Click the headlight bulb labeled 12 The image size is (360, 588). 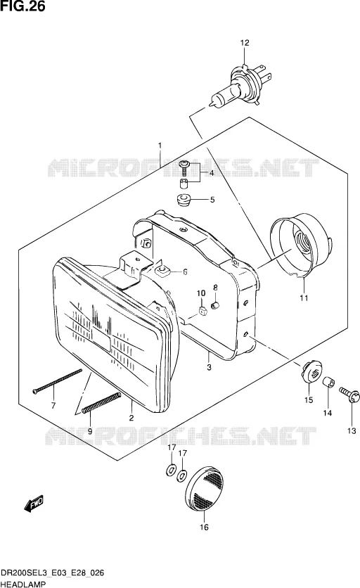point(240,87)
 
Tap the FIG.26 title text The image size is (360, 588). point(23,6)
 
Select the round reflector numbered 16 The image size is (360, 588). point(205,488)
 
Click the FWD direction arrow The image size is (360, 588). point(34,503)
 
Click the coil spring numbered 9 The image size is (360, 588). point(101,402)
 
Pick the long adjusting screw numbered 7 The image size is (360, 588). point(57,381)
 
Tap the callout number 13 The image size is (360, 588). point(352,431)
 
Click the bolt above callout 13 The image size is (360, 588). point(350,395)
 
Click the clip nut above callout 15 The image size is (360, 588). point(311,372)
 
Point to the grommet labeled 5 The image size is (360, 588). point(184,199)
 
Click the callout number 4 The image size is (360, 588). point(212,173)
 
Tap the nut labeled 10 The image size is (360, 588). point(202,310)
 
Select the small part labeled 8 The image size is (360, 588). point(215,306)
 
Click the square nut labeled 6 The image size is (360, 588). point(162,270)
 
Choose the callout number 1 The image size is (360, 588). point(160,145)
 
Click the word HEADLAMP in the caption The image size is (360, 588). point(23,584)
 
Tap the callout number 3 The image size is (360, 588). point(210,367)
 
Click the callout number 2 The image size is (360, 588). point(131,417)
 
